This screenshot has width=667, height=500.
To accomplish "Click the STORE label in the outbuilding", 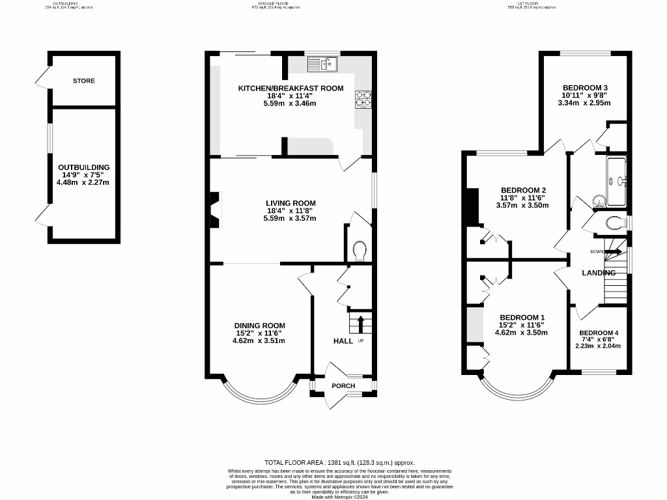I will point(83,81).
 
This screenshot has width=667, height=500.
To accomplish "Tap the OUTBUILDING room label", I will point(83,167).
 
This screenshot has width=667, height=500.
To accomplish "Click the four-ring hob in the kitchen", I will point(363,99).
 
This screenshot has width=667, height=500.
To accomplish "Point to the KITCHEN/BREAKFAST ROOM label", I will point(290,88).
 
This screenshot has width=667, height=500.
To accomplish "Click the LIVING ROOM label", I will point(290,203).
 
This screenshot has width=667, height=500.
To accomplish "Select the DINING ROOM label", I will point(260,326).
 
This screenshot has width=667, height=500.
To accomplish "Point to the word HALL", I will point(343,341).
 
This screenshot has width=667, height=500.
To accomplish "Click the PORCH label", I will point(343,385).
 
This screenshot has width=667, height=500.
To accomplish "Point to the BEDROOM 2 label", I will point(522,190).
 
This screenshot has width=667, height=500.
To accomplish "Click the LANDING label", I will point(599,273).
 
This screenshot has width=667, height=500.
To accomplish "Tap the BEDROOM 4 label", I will point(598,333).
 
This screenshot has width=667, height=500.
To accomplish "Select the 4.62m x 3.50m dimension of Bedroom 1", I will point(521,333).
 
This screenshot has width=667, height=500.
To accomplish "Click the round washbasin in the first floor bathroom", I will point(598,200).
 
